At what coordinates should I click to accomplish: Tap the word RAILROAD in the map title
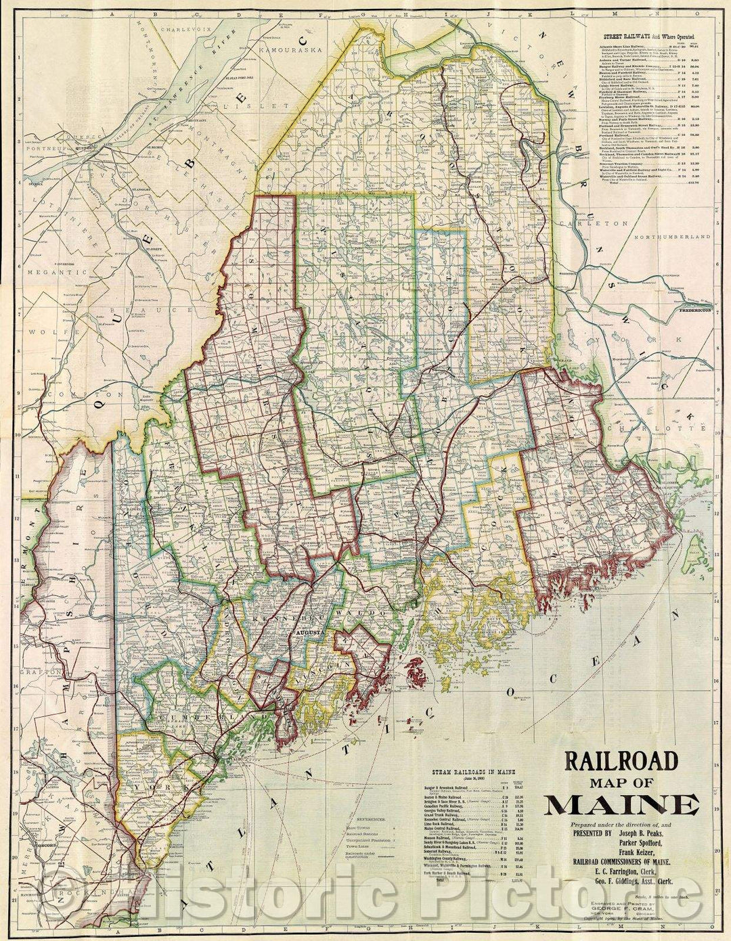click(621, 762)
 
